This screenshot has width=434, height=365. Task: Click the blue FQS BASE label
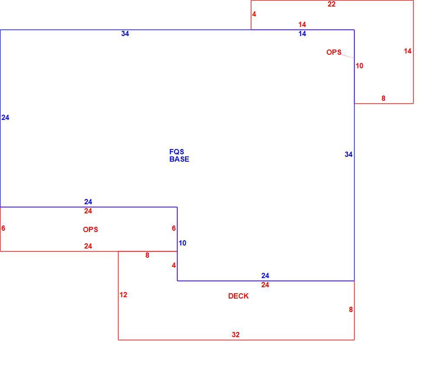(179, 156)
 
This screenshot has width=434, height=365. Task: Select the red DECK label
(238, 296)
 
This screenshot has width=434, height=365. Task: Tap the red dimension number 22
(332, 4)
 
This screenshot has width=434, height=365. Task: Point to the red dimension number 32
(236, 335)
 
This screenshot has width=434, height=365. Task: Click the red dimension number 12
(123, 295)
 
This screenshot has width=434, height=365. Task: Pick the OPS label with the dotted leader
(334, 52)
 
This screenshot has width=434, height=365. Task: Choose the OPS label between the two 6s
(91, 229)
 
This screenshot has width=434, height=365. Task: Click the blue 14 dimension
(302, 34)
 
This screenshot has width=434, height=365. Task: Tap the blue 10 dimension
(182, 243)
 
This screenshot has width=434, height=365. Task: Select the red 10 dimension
(359, 66)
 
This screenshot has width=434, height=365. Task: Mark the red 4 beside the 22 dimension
(254, 14)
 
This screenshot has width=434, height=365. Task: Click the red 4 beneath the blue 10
(174, 265)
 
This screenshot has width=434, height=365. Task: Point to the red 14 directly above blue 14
(302, 24)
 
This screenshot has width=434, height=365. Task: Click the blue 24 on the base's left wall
(5, 117)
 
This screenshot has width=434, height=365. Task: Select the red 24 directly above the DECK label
(265, 285)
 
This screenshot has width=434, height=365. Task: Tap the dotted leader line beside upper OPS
(348, 56)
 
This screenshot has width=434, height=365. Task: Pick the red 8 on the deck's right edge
(351, 309)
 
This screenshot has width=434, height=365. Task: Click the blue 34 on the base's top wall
(125, 33)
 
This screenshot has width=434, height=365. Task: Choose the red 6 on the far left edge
(3, 228)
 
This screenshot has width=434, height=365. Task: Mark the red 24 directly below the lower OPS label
(88, 246)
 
